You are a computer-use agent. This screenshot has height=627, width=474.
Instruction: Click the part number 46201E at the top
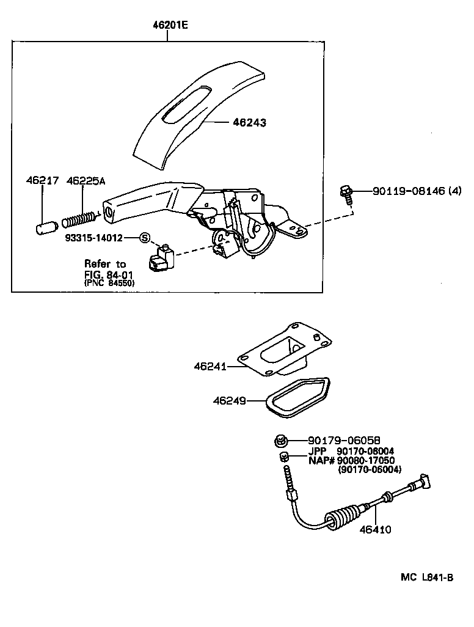(x=171, y=26)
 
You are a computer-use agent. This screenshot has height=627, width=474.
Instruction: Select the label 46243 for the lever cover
(x=249, y=122)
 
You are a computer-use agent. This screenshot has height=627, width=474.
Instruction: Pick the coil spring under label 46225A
(x=79, y=218)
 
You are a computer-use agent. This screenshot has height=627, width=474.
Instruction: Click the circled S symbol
(x=145, y=238)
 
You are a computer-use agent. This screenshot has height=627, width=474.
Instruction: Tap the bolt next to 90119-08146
(x=345, y=194)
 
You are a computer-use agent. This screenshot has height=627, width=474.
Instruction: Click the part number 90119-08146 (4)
(x=417, y=191)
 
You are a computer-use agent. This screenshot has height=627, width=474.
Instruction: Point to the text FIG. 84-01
(x=109, y=274)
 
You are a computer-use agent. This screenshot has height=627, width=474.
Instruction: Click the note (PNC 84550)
(x=109, y=283)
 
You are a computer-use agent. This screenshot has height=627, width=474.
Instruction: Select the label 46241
(x=211, y=367)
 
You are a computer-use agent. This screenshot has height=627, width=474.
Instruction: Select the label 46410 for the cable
(x=375, y=530)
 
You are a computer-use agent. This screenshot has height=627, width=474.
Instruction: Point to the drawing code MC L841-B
(x=427, y=577)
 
